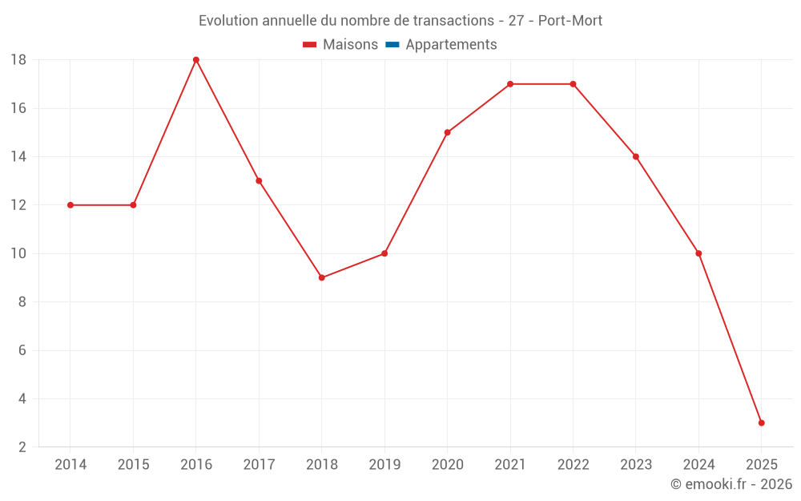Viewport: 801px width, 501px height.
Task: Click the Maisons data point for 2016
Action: (x=196, y=60)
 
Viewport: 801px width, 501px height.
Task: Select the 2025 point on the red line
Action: (x=761, y=422)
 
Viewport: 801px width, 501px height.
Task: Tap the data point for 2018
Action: (x=321, y=277)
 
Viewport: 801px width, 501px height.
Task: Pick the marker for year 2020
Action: (x=447, y=132)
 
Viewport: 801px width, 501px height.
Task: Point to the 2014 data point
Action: (x=70, y=205)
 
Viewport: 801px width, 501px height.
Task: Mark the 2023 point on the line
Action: (x=635, y=156)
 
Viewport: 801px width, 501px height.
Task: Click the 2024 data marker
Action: (x=698, y=253)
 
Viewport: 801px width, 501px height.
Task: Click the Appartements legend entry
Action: (x=451, y=45)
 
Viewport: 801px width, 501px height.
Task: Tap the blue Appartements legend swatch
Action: (x=392, y=45)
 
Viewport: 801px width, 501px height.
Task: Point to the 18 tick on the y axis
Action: (x=18, y=60)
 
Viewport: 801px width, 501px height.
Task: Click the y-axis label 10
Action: (x=18, y=253)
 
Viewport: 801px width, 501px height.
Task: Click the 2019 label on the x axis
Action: (x=384, y=464)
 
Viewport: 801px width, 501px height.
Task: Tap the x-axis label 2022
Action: (x=573, y=464)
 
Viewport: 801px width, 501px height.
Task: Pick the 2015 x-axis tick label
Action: (x=133, y=464)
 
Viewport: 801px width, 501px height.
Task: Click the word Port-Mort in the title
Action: (x=570, y=20)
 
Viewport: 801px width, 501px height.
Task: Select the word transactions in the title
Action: (x=451, y=20)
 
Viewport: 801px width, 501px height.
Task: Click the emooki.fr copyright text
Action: (x=731, y=484)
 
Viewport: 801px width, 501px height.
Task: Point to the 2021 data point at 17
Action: (x=510, y=84)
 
